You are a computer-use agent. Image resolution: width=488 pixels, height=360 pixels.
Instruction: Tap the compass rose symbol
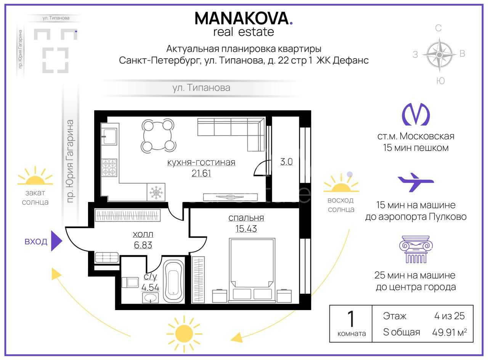tap(439, 55)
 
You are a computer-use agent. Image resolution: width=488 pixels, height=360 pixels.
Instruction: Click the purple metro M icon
tap(416, 114)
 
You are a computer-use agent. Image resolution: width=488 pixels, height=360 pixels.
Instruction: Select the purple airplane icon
tap(416, 182)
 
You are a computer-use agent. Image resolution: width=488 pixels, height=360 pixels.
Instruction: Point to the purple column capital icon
tap(416, 250)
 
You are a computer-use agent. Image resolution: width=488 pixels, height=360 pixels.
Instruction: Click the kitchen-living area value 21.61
tap(201, 173)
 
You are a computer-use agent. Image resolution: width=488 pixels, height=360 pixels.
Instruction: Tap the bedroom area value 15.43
tap(246, 229)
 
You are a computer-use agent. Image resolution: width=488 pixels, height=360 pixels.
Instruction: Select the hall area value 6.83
tap(143, 245)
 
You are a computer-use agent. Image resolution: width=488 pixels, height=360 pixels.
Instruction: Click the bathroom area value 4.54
tap(150, 287)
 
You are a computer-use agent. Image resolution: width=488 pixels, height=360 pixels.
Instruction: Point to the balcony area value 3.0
tap(286, 162)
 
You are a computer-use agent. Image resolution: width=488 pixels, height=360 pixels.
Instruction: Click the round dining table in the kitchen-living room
tap(158, 136)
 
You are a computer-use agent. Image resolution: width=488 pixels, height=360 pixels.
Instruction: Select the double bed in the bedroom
tap(252, 270)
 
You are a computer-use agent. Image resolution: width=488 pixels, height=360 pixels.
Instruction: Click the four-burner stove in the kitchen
tap(109, 168)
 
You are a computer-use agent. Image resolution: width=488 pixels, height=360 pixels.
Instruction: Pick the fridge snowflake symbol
tap(156, 192)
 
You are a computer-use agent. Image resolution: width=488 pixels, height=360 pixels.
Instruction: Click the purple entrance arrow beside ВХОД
tap(56, 241)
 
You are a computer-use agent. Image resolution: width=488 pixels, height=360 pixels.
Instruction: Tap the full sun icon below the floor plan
tap(184, 334)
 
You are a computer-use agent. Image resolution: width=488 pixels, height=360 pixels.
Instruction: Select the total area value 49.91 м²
tap(449, 332)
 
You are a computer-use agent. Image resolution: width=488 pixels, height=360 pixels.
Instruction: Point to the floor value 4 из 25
tap(449, 316)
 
